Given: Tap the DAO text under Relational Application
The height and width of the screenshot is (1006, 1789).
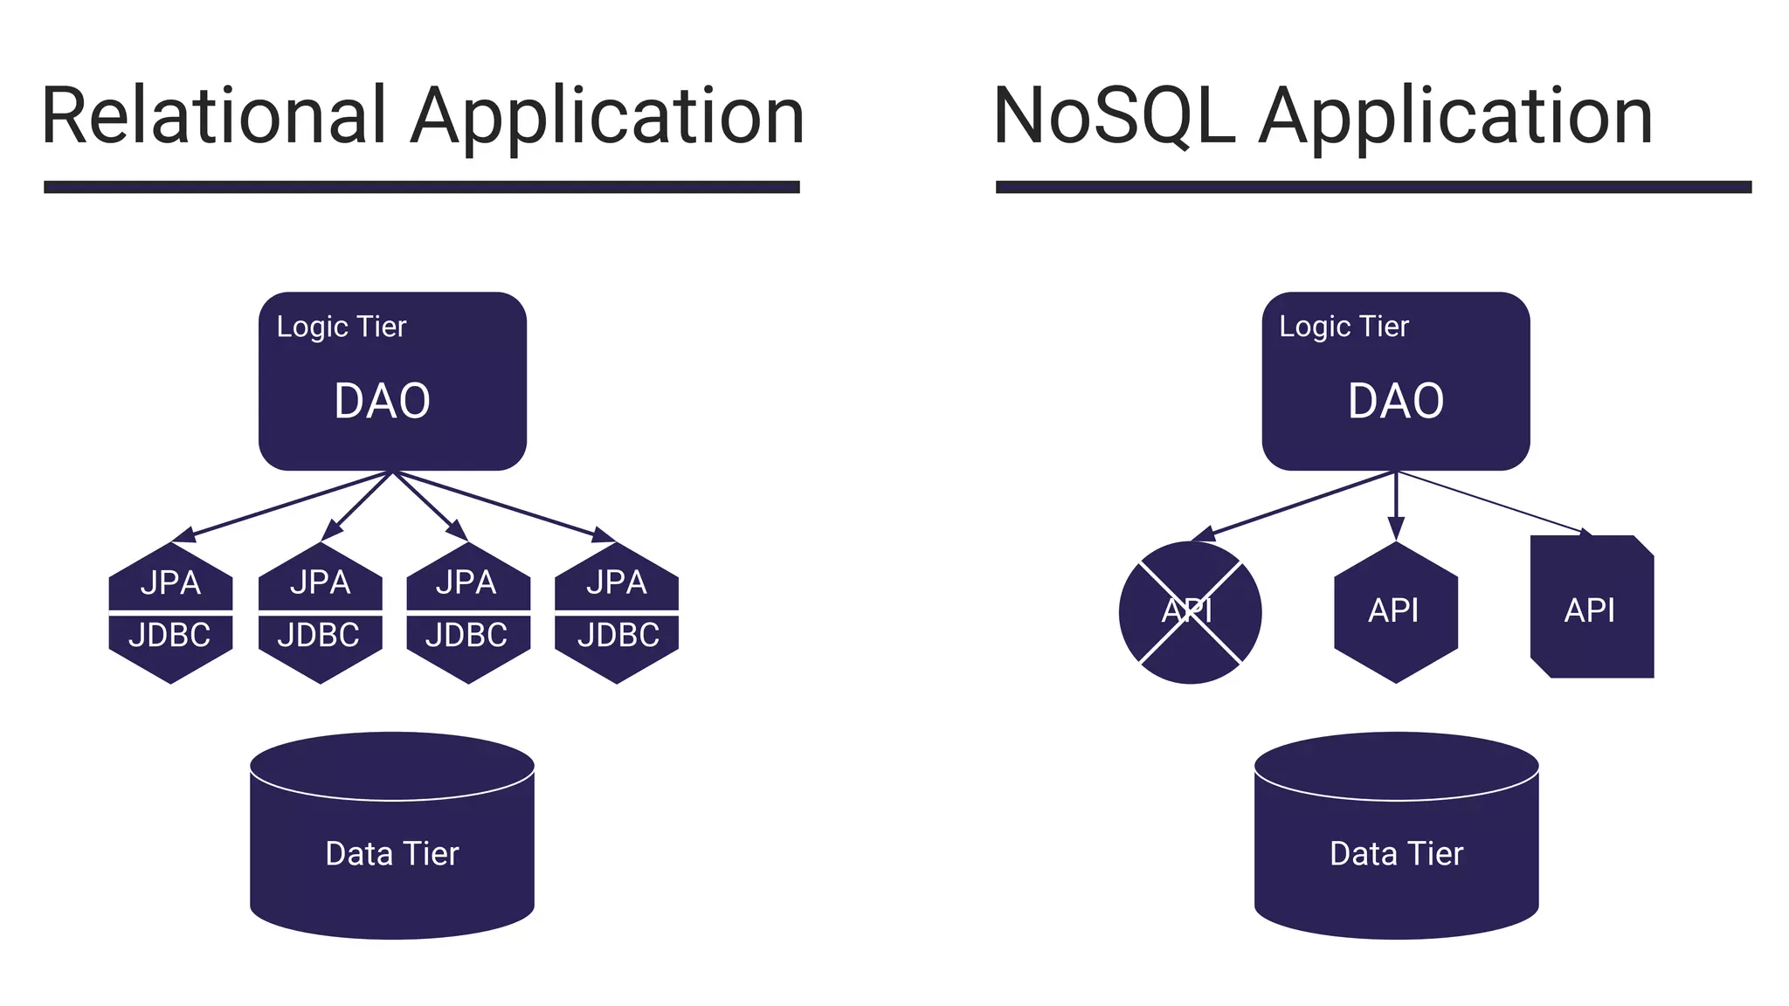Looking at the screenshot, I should pyautogui.click(x=382, y=402).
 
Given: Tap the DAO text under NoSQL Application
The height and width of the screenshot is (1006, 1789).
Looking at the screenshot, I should pyautogui.click(x=1395, y=402).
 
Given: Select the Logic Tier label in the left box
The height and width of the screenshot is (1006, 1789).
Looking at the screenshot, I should pyautogui.click(x=342, y=327).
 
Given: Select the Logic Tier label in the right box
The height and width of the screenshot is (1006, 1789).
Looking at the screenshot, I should pyautogui.click(x=1343, y=327).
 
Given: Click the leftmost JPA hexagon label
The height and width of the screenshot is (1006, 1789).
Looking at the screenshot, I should pyautogui.click(x=170, y=582).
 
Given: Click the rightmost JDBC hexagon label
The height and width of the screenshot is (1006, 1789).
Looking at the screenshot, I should pyautogui.click(x=618, y=635).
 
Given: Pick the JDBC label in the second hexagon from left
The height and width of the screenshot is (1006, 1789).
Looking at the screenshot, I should pyautogui.click(x=319, y=635).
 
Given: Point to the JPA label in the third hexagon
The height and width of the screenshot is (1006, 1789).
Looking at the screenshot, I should pyautogui.click(x=466, y=582).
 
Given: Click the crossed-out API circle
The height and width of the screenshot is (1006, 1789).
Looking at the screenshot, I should pyautogui.click(x=1190, y=611).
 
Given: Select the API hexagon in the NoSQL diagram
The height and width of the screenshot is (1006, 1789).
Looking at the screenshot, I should pyautogui.click(x=1395, y=611).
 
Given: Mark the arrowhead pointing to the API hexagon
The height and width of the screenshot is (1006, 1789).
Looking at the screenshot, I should pyautogui.click(x=1396, y=528).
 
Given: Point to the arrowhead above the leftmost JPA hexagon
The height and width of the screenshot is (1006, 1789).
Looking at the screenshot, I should pyautogui.click(x=183, y=535).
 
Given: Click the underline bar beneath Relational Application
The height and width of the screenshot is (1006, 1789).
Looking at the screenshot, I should pyautogui.click(x=421, y=187).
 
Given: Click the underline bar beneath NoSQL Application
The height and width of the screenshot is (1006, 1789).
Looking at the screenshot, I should pyautogui.click(x=1373, y=187).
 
